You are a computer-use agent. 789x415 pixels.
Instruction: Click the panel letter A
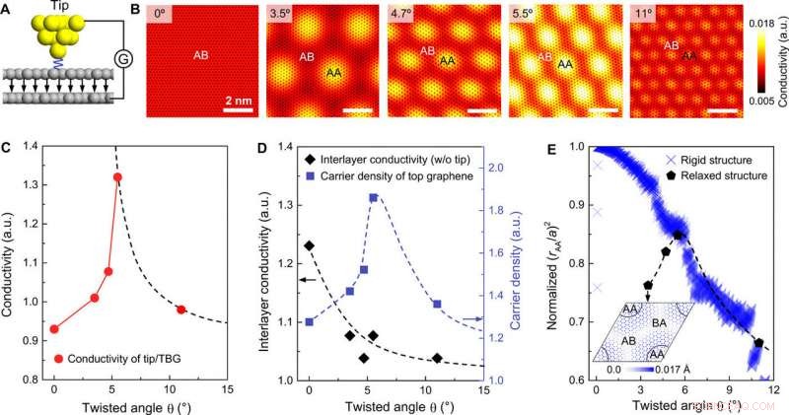pos(8,11)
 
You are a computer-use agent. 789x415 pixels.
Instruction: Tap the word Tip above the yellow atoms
pos(59,8)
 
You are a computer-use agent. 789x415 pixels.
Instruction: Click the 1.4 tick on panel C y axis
pos(32,147)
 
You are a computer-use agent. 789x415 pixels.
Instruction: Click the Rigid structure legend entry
pos(710,160)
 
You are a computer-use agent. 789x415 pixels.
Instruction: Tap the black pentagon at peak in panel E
pos(679,235)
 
